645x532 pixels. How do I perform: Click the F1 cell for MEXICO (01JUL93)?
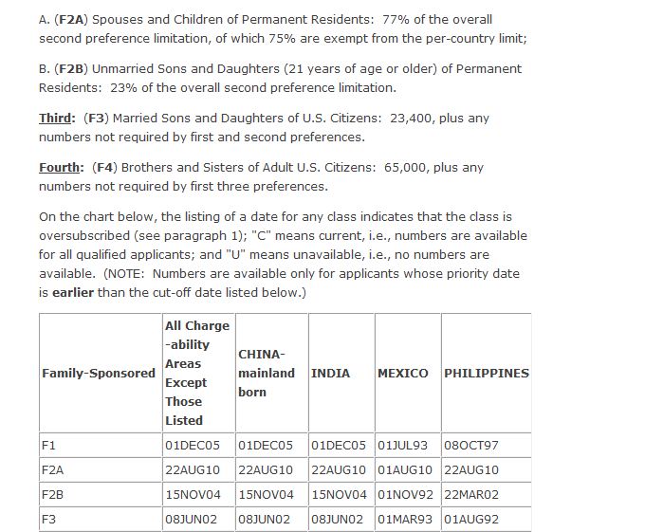[x=403, y=445]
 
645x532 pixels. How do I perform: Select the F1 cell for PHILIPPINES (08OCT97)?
[x=470, y=445]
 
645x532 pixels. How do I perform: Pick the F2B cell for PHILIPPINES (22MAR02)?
[x=471, y=494]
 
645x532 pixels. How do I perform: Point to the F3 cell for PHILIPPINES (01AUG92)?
[x=470, y=519]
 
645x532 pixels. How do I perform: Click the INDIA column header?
[x=331, y=373]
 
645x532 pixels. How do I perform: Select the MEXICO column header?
[x=403, y=373]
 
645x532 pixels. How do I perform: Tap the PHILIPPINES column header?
[x=487, y=373]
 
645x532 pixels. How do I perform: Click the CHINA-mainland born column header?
[x=267, y=373]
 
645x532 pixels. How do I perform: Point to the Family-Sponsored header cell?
[x=99, y=373]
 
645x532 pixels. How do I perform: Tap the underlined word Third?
[x=56, y=119]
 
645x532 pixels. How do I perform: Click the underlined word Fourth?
[x=60, y=168]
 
